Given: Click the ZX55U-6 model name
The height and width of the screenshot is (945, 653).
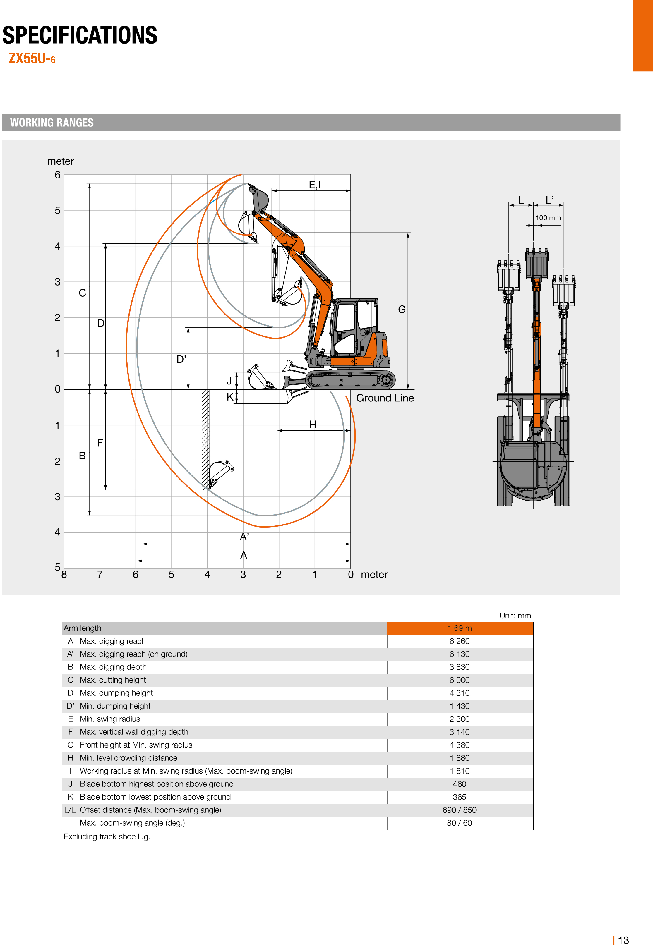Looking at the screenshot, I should (32, 59).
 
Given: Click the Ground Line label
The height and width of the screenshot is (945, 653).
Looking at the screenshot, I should (385, 398).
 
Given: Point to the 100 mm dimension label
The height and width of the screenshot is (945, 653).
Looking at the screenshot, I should (548, 218).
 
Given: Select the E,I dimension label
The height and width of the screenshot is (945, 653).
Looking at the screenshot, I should (315, 185).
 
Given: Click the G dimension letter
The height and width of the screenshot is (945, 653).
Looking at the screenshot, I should (402, 310).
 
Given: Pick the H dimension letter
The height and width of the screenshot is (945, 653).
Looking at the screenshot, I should (313, 425).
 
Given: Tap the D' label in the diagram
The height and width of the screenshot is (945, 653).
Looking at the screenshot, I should (181, 360).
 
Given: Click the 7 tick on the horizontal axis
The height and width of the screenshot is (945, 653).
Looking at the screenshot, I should (100, 575).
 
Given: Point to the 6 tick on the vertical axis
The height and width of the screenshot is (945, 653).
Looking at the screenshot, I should (57, 175).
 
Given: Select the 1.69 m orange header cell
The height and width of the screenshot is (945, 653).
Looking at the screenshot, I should (460, 628).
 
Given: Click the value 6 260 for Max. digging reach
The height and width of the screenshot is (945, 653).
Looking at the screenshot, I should (460, 641).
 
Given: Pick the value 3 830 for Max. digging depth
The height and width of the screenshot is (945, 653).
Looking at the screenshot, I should (460, 667).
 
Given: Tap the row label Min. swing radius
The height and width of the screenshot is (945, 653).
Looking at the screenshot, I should (110, 719).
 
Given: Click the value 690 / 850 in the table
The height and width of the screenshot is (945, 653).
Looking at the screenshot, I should (460, 810).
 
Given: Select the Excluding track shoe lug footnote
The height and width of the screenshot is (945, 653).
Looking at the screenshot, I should (107, 837).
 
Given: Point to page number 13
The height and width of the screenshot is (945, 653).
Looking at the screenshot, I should (623, 940).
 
